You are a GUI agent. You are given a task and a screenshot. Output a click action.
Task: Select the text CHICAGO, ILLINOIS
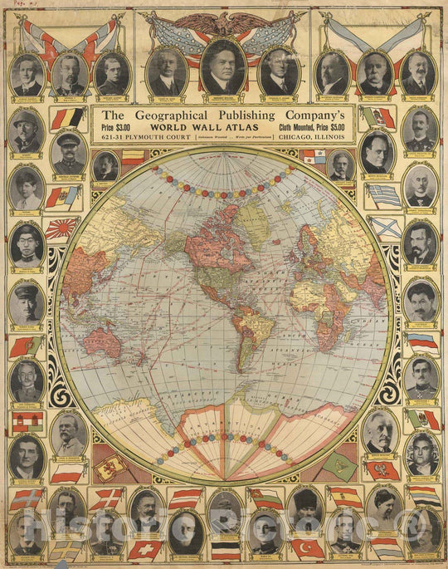(x=315, y=137)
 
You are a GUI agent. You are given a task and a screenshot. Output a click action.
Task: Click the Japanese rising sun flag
(x=61, y=227)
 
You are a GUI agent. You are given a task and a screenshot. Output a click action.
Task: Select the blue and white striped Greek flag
(x=384, y=196)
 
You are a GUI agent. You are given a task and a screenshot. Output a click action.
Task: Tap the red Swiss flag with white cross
(x=144, y=549)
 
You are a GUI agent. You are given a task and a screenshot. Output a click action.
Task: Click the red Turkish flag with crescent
(x=307, y=549)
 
